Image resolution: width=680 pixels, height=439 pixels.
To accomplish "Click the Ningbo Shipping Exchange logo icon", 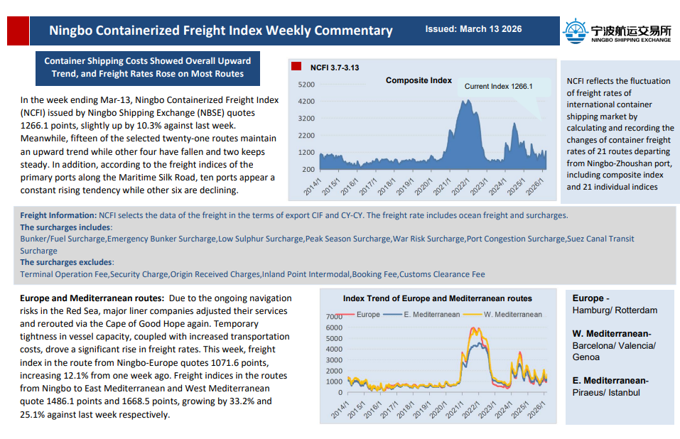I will [x=575, y=31].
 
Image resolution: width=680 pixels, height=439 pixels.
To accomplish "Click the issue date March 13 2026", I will [x=473, y=29].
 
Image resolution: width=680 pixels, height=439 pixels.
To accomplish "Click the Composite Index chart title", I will [x=419, y=80].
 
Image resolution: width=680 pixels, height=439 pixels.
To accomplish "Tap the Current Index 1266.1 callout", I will [x=498, y=87].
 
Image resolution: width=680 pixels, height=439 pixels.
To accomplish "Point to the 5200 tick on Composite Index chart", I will [x=306, y=85].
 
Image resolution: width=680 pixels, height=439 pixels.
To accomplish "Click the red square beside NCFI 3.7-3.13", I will [x=296, y=67].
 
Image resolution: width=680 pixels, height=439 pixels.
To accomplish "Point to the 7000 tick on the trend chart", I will [x=333, y=316].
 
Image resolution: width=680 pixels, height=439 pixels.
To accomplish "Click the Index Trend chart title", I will [x=437, y=299].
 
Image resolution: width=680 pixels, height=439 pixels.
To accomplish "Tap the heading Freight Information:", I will [x=58, y=215].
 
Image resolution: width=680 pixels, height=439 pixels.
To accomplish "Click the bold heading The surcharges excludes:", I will [x=66, y=263].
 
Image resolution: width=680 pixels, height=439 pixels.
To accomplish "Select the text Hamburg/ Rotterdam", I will [x=615, y=310].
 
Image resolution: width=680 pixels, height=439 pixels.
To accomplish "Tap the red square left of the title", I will [x=18, y=31].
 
